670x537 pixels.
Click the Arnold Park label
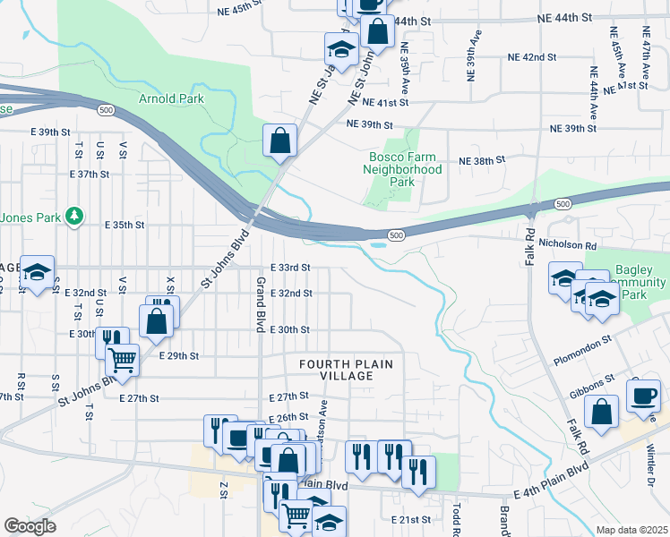pyautogui.click(x=170, y=98)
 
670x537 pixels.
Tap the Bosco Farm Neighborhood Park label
pyautogui.click(x=406, y=168)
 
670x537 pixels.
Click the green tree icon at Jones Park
pyautogui.click(x=76, y=216)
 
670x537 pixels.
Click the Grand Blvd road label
pyautogui.click(x=260, y=305)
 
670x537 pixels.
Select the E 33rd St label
pyautogui.click(x=290, y=267)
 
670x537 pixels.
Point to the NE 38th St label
pyautogui.click(x=482, y=159)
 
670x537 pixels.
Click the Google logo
pyautogui.click(x=30, y=526)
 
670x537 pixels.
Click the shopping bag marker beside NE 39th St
pyautogui.click(x=280, y=141)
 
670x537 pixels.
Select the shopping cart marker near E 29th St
pyautogui.click(x=123, y=360)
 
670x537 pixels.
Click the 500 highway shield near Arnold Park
pyautogui.click(x=106, y=109)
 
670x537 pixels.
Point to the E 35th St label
pyautogui.click(x=125, y=225)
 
